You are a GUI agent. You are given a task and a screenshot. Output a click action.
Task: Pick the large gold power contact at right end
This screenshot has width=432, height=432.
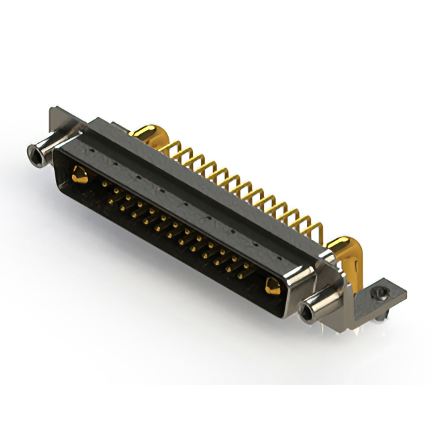273,286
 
